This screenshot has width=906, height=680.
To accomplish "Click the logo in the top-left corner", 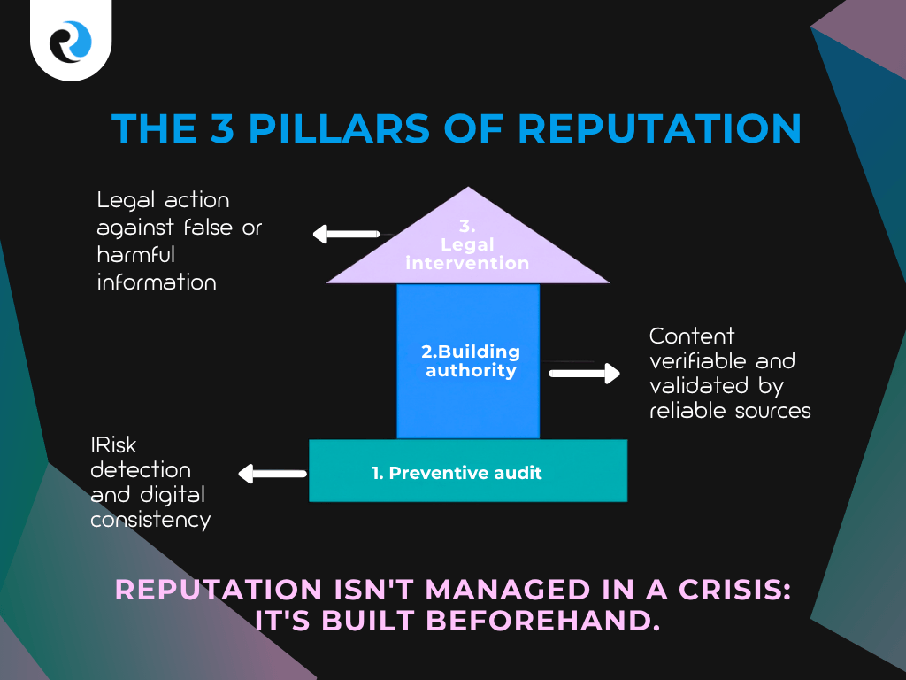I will tap(71, 39).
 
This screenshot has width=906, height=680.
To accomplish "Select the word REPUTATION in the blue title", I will tap(659, 128).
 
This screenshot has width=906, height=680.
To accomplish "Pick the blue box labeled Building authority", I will tap(468, 360).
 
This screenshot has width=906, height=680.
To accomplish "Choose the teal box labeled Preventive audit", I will tap(468, 472).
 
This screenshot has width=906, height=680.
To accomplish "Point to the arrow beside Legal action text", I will tap(345, 235).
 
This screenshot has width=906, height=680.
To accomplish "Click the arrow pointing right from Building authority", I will tap(584, 374).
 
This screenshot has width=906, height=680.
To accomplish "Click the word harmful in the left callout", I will tap(137, 255).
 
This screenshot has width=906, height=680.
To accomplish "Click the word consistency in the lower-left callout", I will tap(150, 519).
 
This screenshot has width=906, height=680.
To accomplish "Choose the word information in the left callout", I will tap(157, 282).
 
